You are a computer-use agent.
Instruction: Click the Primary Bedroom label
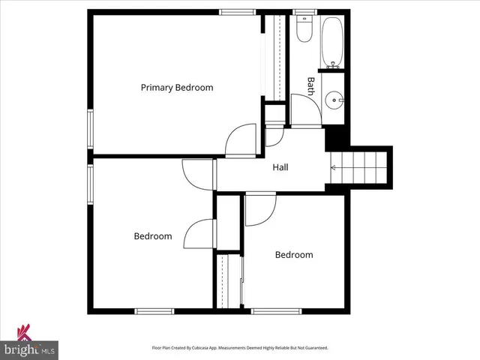pyautogui.click(x=177, y=88)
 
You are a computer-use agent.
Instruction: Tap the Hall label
pyautogui.click(x=280, y=167)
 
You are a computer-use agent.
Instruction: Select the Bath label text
pyautogui.click(x=310, y=85)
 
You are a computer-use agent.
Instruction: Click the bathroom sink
pyautogui.click(x=334, y=97)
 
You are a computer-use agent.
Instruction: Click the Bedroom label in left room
pyautogui.click(x=153, y=236)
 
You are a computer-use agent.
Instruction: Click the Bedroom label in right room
pyautogui.click(x=294, y=255)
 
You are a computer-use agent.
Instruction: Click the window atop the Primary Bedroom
pyautogui.click(x=235, y=12)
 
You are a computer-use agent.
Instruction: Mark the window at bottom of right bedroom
pyautogui.click(x=276, y=310)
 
